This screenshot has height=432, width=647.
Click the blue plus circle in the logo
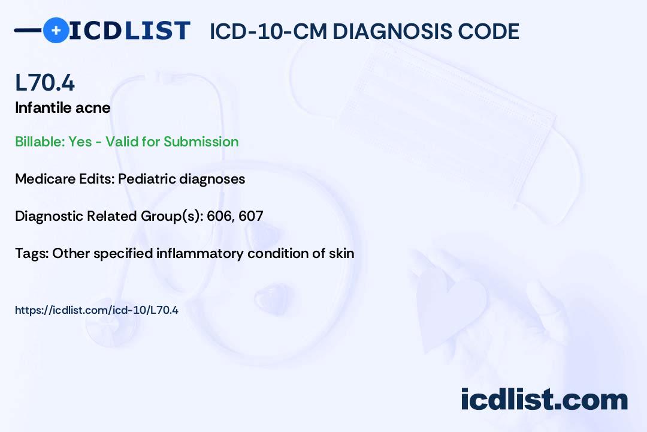[56, 30]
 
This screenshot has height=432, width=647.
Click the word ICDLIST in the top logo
[129, 30]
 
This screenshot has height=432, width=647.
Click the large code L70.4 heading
[45, 83]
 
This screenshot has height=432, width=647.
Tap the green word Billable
[40, 142]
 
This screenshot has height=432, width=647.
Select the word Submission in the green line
[201, 142]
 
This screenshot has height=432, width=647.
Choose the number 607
[251, 216]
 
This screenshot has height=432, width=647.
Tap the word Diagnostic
[49, 216]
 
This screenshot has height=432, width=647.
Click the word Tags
[31, 253]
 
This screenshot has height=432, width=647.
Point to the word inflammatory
[199, 253]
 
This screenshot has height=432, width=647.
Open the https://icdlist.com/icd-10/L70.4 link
[96, 310]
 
